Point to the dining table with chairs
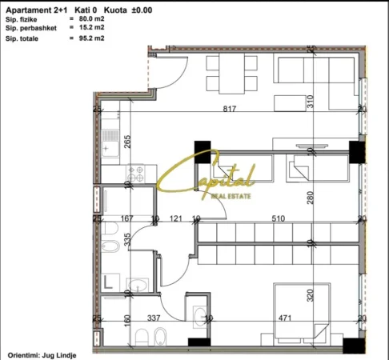(225, 75)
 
